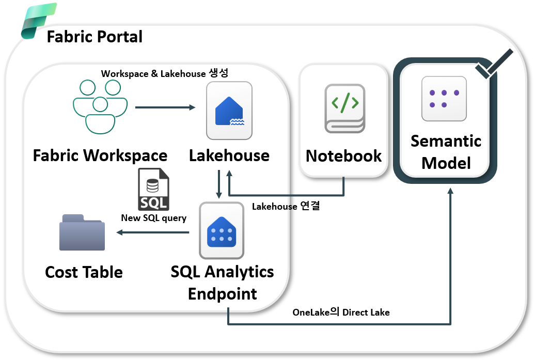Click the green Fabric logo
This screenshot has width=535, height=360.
pos(38,21)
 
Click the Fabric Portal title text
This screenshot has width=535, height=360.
pos(95,37)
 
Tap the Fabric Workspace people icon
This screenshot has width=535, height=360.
pos(100,107)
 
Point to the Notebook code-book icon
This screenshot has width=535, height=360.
pos(345,108)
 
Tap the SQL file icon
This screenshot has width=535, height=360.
pos(153,189)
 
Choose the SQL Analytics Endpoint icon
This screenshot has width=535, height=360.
pos(222,231)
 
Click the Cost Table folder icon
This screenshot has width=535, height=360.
pos(82,232)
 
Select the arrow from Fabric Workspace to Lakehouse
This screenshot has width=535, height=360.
pos(165,107)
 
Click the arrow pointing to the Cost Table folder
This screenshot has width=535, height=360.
pos(152,232)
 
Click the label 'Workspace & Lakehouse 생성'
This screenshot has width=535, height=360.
pos(164,73)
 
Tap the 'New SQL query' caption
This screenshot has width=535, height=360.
pos(153,218)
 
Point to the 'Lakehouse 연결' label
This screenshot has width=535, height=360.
pos(286,206)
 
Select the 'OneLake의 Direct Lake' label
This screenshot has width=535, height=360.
pos(341,312)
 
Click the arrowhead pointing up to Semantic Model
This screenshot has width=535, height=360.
pos(450,191)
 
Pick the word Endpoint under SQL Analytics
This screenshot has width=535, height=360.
pos(222,294)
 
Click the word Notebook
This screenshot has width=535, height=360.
pos(343,156)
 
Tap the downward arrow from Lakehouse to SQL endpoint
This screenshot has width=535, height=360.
pos(219,184)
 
